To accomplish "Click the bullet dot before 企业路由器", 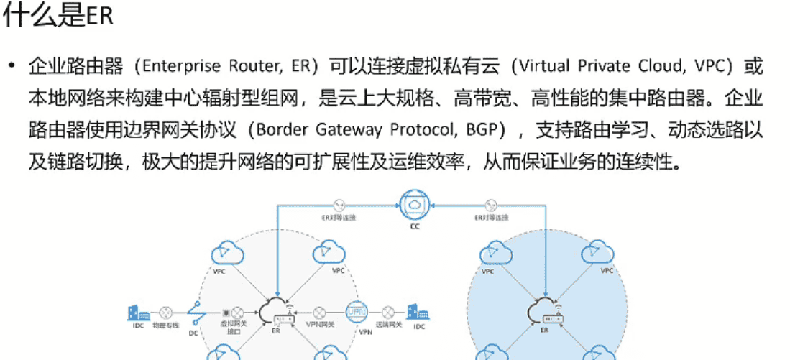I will point(12,67).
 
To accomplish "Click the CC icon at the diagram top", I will point(415,205).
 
